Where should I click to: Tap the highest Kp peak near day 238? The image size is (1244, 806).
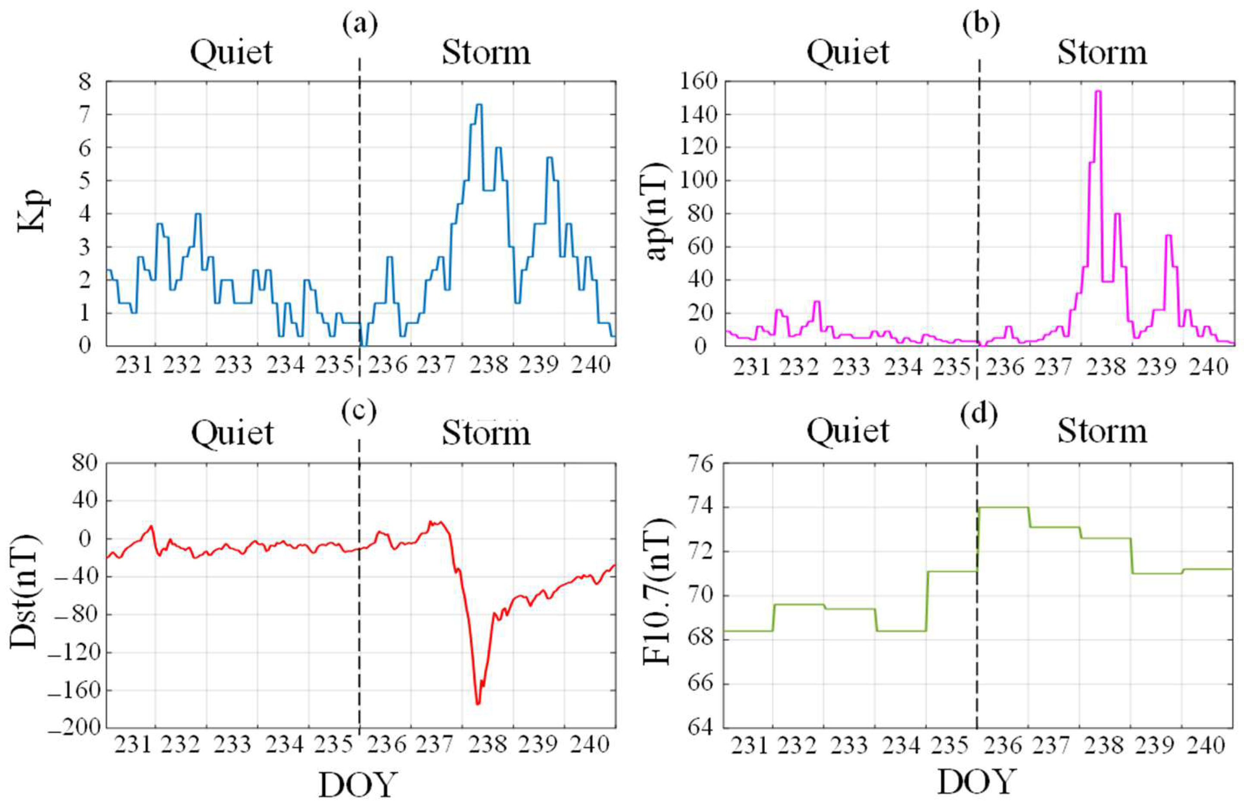(x=478, y=105)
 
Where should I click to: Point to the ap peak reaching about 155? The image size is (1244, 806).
(x=1098, y=92)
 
